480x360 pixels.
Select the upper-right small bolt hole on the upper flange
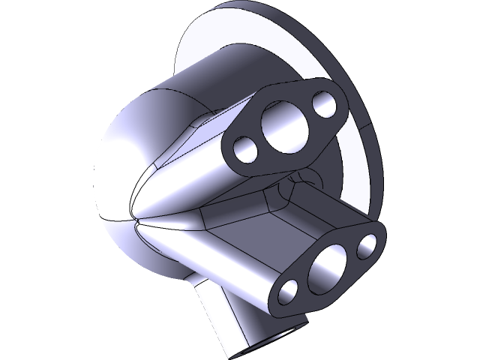325,104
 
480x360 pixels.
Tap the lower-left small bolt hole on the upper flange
244,150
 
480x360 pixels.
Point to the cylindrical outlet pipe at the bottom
225,315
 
